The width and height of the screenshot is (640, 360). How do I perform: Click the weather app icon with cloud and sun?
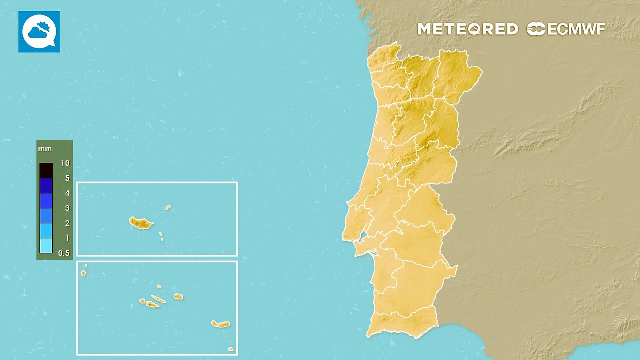39,32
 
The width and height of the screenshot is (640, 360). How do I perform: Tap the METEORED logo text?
468,29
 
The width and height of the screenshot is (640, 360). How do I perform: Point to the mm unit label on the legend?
45,149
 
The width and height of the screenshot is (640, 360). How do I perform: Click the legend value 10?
65,163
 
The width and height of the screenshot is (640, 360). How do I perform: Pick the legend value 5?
67,178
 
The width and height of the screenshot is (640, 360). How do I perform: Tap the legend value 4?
67,193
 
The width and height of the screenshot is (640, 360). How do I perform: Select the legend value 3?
67,208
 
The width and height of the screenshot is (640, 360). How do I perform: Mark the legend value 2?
67,223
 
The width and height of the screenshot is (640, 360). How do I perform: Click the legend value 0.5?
64,253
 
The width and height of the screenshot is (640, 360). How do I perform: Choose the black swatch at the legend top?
46,171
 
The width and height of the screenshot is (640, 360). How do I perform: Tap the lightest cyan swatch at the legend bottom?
46,245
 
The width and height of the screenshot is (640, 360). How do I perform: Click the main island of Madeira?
141,223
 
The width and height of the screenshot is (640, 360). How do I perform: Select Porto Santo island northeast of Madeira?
168,207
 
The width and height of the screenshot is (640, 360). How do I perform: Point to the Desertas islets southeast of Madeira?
161,236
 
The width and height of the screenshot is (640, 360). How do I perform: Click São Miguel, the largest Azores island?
220,324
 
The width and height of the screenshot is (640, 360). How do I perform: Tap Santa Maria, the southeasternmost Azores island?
230,349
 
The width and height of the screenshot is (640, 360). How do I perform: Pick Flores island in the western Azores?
83,273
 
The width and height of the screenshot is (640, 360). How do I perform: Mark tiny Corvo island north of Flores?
86,266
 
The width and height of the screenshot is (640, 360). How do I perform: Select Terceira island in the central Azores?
178,297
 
